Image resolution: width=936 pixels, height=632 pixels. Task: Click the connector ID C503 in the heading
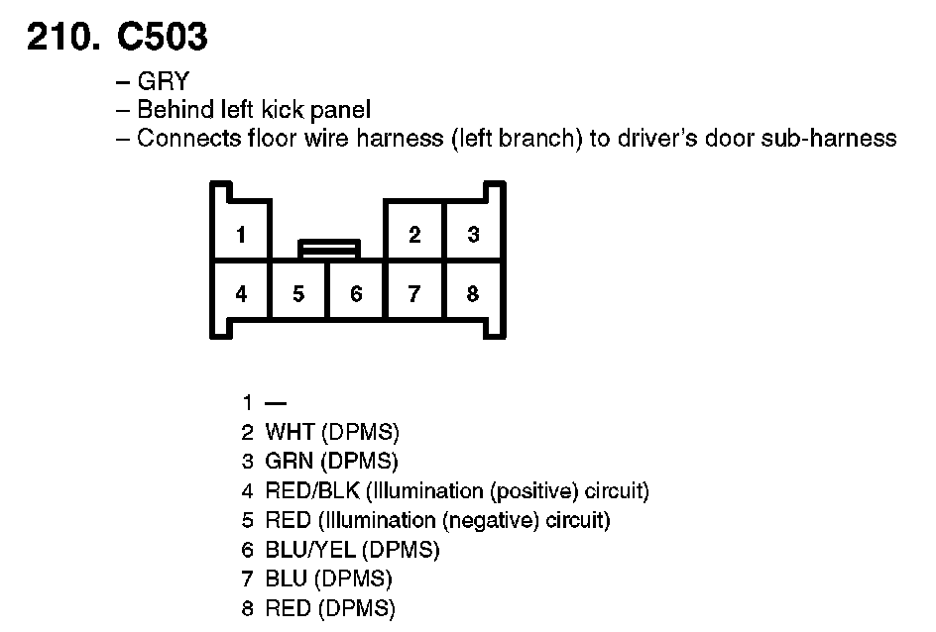pyautogui.click(x=162, y=37)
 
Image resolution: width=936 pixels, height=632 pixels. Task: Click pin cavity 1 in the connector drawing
pyautogui.click(x=241, y=235)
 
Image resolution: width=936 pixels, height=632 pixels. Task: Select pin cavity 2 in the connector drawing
pyautogui.click(x=414, y=235)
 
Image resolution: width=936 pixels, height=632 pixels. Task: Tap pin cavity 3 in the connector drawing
pyautogui.click(x=473, y=235)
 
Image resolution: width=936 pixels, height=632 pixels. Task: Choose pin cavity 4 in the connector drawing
pyautogui.click(x=241, y=294)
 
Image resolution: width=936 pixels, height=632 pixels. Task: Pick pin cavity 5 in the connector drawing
pyautogui.click(x=298, y=294)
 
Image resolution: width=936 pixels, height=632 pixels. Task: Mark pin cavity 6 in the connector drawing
pyautogui.click(x=356, y=294)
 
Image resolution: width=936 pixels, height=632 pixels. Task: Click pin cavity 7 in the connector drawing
pyautogui.click(x=414, y=294)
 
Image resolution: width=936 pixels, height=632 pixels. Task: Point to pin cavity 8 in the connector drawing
pyautogui.click(x=473, y=294)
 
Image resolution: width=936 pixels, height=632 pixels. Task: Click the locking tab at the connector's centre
pyautogui.click(x=329, y=248)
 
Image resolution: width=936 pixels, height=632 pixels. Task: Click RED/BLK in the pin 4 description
pyautogui.click(x=312, y=490)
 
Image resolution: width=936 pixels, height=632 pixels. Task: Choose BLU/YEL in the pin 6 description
pyautogui.click(x=311, y=549)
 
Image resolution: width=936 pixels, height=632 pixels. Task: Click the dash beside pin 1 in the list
pyautogui.click(x=276, y=403)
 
